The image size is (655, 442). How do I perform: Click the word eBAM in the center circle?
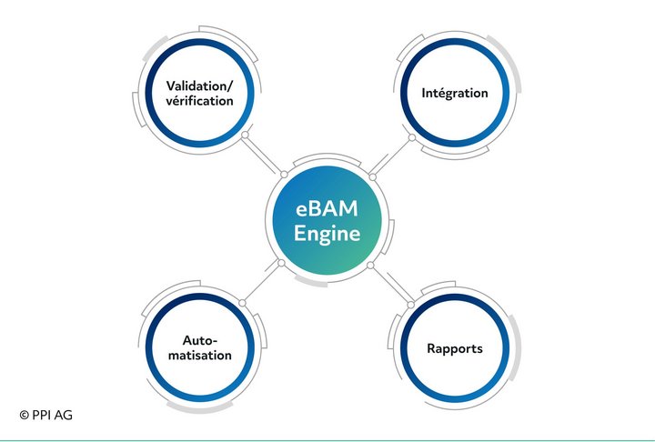[327, 209]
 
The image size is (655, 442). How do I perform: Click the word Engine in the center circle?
[327, 233]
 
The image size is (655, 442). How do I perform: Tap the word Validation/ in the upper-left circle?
[199, 86]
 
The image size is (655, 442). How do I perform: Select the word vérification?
[199, 101]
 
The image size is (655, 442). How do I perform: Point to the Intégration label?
[455, 93]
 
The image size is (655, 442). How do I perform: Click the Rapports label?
[455, 349]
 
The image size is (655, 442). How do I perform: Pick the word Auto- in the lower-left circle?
[199, 340]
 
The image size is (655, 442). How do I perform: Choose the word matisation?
[199, 355]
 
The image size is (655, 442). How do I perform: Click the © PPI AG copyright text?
[46, 415]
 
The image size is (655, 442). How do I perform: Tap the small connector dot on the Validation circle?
[246, 135]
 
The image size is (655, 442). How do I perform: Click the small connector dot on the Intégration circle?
[412, 137]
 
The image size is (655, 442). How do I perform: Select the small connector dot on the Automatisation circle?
[242, 303]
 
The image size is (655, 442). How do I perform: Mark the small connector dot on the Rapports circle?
[410, 305]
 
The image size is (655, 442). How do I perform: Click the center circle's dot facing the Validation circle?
[284, 175]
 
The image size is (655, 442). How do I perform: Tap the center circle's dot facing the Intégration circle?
[373, 177]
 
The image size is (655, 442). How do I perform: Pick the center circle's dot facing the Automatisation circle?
[281, 263]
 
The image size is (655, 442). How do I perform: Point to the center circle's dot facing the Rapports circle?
[370, 266]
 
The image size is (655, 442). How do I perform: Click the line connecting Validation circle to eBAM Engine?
[265, 155]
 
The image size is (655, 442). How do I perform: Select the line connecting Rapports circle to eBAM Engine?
[390, 286]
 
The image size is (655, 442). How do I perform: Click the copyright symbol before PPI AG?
[25, 415]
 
